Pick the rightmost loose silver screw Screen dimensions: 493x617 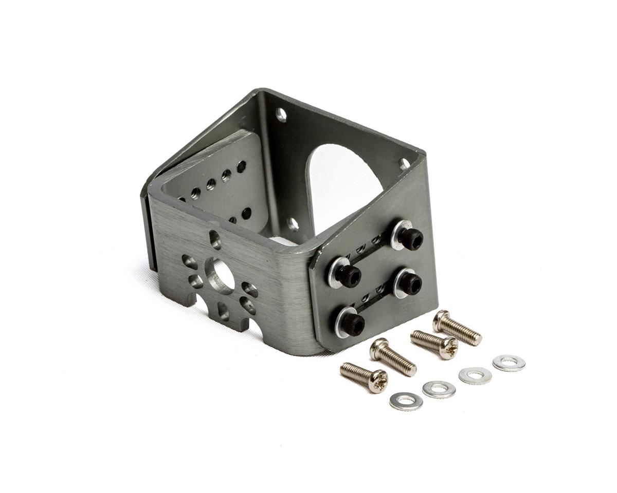[x=457, y=328]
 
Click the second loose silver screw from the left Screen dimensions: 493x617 [x=393, y=356]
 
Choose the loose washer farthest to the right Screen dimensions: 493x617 [x=509, y=363]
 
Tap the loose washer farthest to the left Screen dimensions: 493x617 [x=406, y=401]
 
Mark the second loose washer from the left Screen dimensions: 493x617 [x=439, y=389]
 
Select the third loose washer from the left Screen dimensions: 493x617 [x=475, y=375]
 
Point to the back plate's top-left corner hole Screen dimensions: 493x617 [x=281, y=114]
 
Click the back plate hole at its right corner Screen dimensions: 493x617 [x=405, y=164]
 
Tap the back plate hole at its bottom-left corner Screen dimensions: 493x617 [x=293, y=224]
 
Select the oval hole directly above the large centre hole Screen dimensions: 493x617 [x=215, y=239]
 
